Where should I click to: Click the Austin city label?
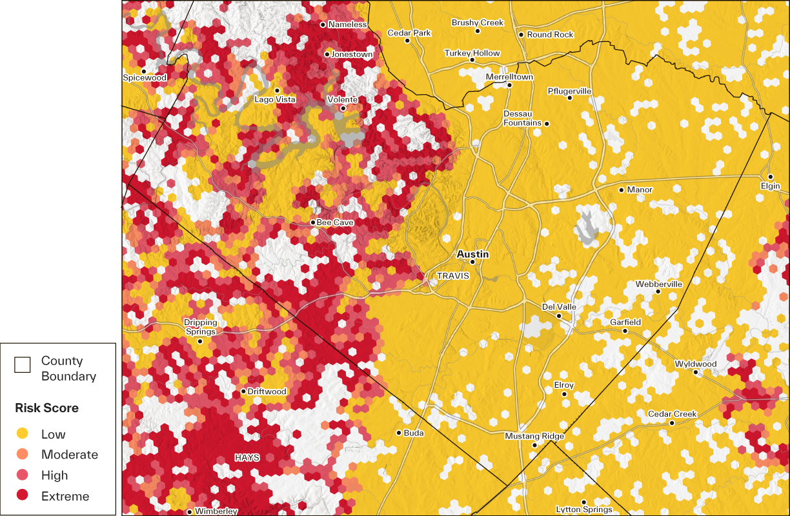472,254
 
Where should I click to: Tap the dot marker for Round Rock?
521,35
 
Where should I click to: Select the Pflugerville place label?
569,91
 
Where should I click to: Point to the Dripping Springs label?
201,327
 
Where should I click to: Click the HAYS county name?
247,457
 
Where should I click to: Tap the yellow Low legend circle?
23,434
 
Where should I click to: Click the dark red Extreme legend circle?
23,496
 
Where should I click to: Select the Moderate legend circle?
23,455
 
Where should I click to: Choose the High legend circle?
23,475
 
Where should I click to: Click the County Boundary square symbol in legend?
23,365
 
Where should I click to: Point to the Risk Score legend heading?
47,408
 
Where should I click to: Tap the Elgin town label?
770,186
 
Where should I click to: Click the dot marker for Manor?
622,190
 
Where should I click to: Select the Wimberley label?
216,511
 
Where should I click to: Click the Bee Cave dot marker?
312,223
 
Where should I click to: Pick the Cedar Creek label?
673,414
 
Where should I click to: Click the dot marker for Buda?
399,433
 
